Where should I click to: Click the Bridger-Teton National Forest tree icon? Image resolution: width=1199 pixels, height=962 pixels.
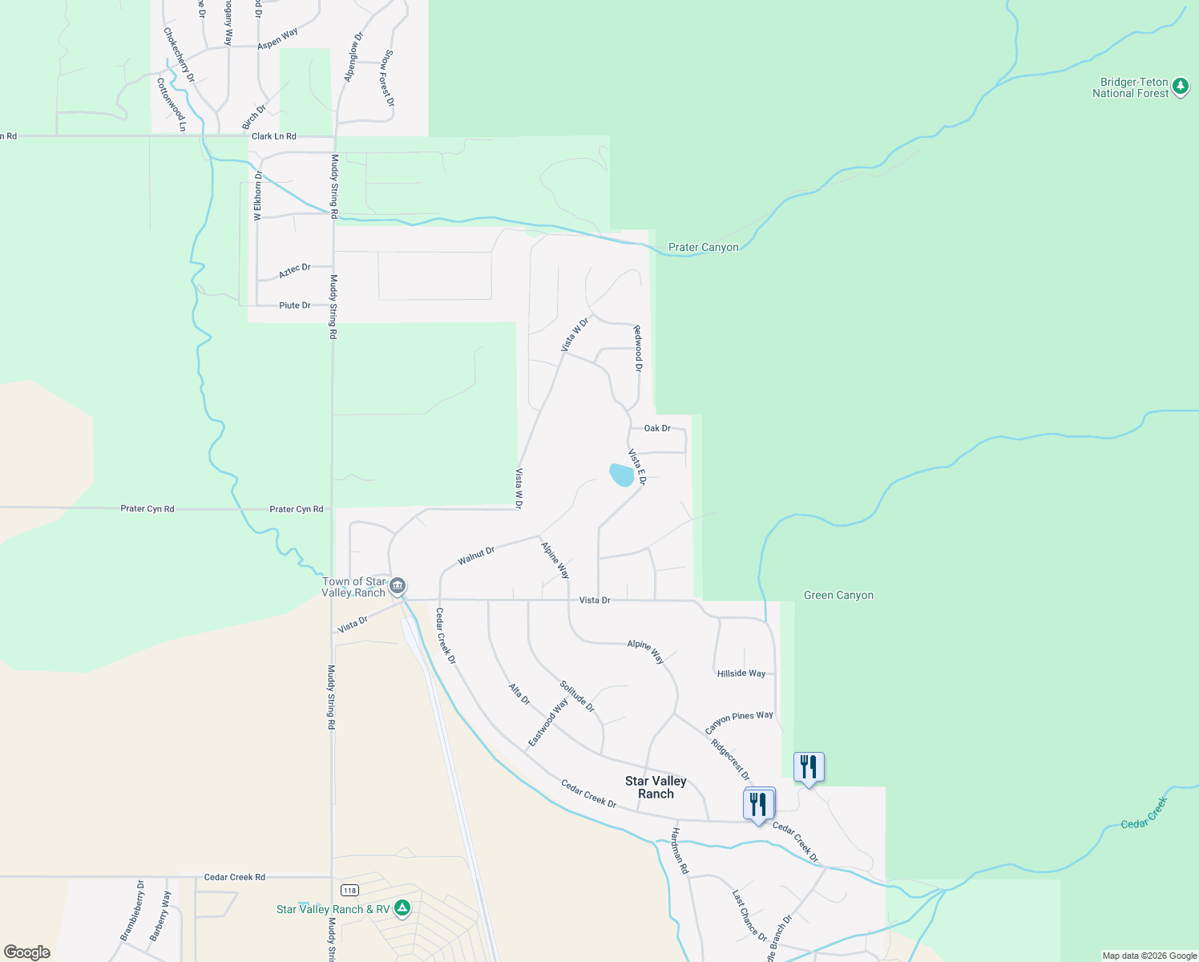click(1180, 87)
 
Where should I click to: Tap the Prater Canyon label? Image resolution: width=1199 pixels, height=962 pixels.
click(703, 247)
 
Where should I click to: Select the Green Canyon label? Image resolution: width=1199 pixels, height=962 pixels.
click(838, 595)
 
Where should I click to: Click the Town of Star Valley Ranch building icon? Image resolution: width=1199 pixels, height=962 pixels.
click(398, 587)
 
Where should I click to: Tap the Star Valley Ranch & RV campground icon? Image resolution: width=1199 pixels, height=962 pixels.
click(402, 908)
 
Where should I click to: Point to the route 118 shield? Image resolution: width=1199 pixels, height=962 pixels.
click(349, 890)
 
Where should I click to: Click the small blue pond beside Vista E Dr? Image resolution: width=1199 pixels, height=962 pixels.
click(621, 475)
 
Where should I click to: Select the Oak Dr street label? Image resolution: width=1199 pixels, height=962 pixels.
click(657, 428)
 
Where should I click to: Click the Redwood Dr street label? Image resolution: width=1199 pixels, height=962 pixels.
click(638, 348)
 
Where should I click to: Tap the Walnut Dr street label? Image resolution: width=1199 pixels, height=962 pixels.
click(476, 556)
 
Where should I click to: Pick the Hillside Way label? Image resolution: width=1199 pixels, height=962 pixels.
click(741, 673)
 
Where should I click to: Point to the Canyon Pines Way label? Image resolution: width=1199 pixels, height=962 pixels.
click(739, 721)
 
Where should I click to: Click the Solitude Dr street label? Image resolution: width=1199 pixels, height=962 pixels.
click(577, 697)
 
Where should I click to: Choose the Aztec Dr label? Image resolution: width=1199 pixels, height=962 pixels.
click(294, 271)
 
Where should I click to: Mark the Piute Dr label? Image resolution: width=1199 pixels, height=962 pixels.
click(294, 305)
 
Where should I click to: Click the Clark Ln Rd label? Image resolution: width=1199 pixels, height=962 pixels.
click(273, 136)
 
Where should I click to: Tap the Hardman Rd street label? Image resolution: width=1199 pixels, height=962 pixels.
click(680, 851)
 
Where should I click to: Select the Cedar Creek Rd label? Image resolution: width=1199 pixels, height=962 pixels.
click(234, 877)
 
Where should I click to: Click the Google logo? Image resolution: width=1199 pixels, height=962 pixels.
click(27, 952)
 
